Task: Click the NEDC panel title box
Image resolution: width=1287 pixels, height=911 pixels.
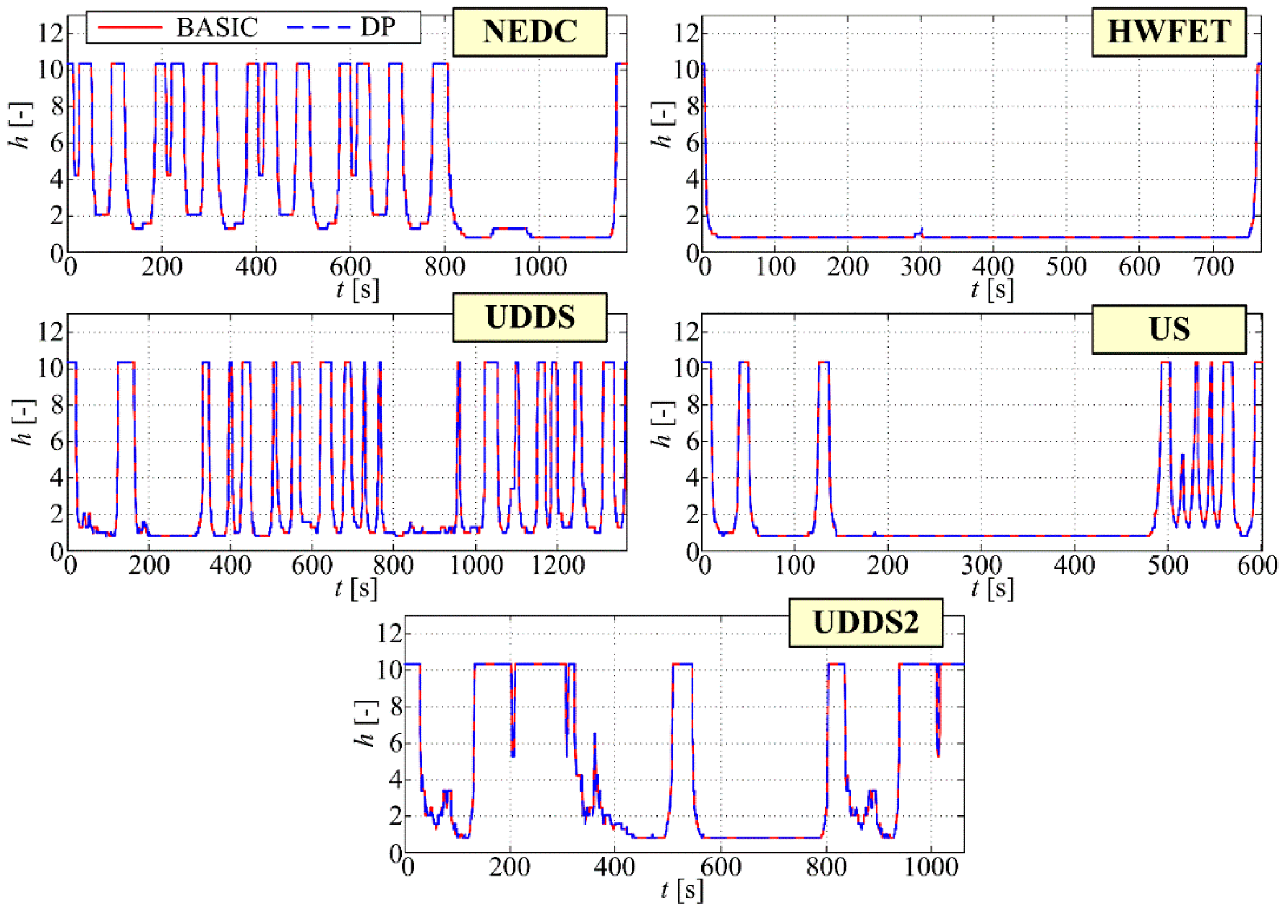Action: click(x=530, y=32)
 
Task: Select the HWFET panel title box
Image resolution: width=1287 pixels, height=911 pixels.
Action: click(x=1169, y=32)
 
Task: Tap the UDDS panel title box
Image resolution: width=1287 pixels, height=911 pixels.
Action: click(x=530, y=317)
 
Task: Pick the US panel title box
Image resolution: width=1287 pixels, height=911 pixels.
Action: click(x=1169, y=329)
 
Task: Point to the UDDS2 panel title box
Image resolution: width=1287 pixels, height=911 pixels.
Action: click(x=866, y=623)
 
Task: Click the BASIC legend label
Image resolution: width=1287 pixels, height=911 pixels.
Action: click(x=217, y=27)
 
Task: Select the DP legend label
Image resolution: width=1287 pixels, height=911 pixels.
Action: click(x=378, y=27)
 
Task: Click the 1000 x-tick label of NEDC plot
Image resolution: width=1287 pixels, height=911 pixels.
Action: click(x=539, y=267)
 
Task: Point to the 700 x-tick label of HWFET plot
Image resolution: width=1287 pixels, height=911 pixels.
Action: click(x=1212, y=267)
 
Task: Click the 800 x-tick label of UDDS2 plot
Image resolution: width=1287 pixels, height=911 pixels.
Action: click(x=826, y=867)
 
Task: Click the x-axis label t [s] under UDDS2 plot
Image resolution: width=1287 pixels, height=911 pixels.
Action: click(x=681, y=891)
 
